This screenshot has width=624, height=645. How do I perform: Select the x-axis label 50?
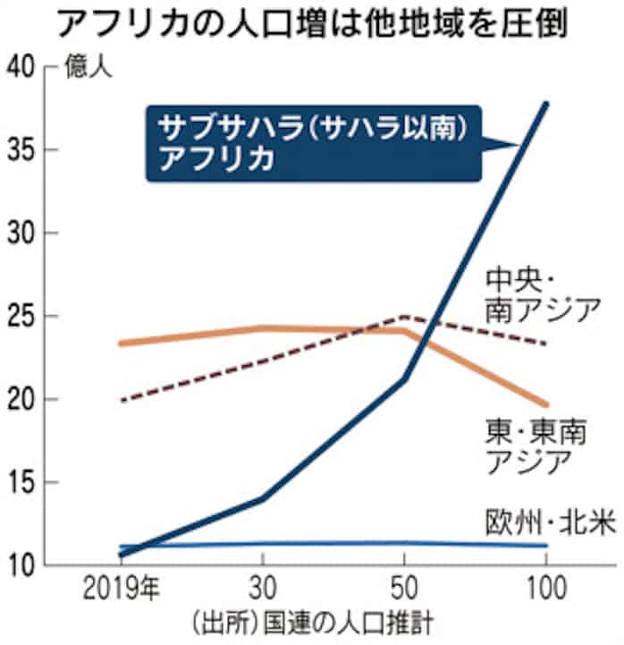[x=403, y=592]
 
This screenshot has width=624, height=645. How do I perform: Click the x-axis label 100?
[x=544, y=592]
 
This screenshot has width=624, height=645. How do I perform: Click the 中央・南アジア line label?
[x=541, y=294]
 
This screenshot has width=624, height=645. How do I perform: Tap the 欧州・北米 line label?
[x=551, y=522]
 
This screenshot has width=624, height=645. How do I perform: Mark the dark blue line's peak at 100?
[x=546, y=104]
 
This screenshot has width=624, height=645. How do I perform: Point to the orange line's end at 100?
[x=546, y=404]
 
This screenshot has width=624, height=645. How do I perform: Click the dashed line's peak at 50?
[x=404, y=317]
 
